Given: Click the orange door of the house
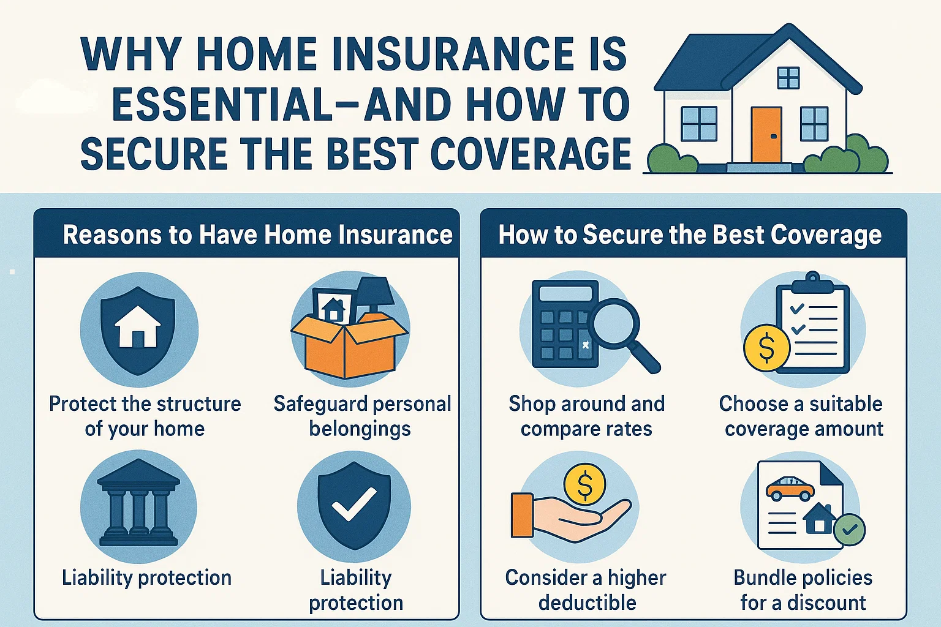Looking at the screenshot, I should (766, 135).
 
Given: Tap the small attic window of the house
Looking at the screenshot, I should (788, 78).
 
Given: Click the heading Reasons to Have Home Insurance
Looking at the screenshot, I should (257, 235).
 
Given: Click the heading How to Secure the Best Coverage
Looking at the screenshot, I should (690, 235).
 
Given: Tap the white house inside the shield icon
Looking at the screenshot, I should (138, 327).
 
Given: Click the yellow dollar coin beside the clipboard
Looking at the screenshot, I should (766, 347).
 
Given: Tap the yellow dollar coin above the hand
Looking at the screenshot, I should (584, 484).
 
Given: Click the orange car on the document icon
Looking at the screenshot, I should (790, 488).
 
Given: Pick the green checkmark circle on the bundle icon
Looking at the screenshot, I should (850, 530).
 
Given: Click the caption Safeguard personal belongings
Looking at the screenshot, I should (361, 416).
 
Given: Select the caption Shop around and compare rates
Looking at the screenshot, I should (586, 416).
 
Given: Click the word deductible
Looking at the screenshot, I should (587, 603).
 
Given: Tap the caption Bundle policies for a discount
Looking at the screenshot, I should (803, 590).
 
